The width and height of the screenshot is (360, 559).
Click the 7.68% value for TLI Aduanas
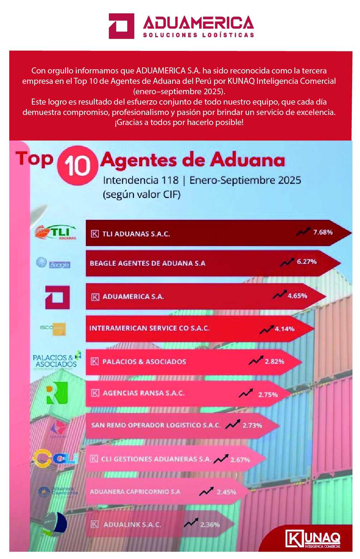[323, 232]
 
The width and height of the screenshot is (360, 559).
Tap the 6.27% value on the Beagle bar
[307, 262]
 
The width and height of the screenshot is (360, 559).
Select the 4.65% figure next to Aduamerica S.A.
[297, 296]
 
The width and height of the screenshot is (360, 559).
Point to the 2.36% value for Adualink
[210, 525]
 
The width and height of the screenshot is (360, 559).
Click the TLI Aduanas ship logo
[56, 233]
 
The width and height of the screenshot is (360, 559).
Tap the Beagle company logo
[53, 263]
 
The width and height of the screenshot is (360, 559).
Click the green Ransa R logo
[57, 393]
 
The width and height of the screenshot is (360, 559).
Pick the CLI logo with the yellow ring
[56, 458]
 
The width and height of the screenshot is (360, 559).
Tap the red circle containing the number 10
[77, 166]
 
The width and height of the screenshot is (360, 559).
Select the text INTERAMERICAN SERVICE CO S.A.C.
[149, 328]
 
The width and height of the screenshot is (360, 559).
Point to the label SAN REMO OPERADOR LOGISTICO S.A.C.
[156, 425]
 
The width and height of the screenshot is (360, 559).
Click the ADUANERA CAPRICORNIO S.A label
[135, 492]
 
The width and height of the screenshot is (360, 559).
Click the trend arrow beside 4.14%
[267, 329]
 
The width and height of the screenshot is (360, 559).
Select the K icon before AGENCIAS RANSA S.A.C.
[95, 393]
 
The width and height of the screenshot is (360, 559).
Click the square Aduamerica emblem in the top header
[121, 26]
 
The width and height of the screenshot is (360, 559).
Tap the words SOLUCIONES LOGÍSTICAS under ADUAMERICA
[198, 35]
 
